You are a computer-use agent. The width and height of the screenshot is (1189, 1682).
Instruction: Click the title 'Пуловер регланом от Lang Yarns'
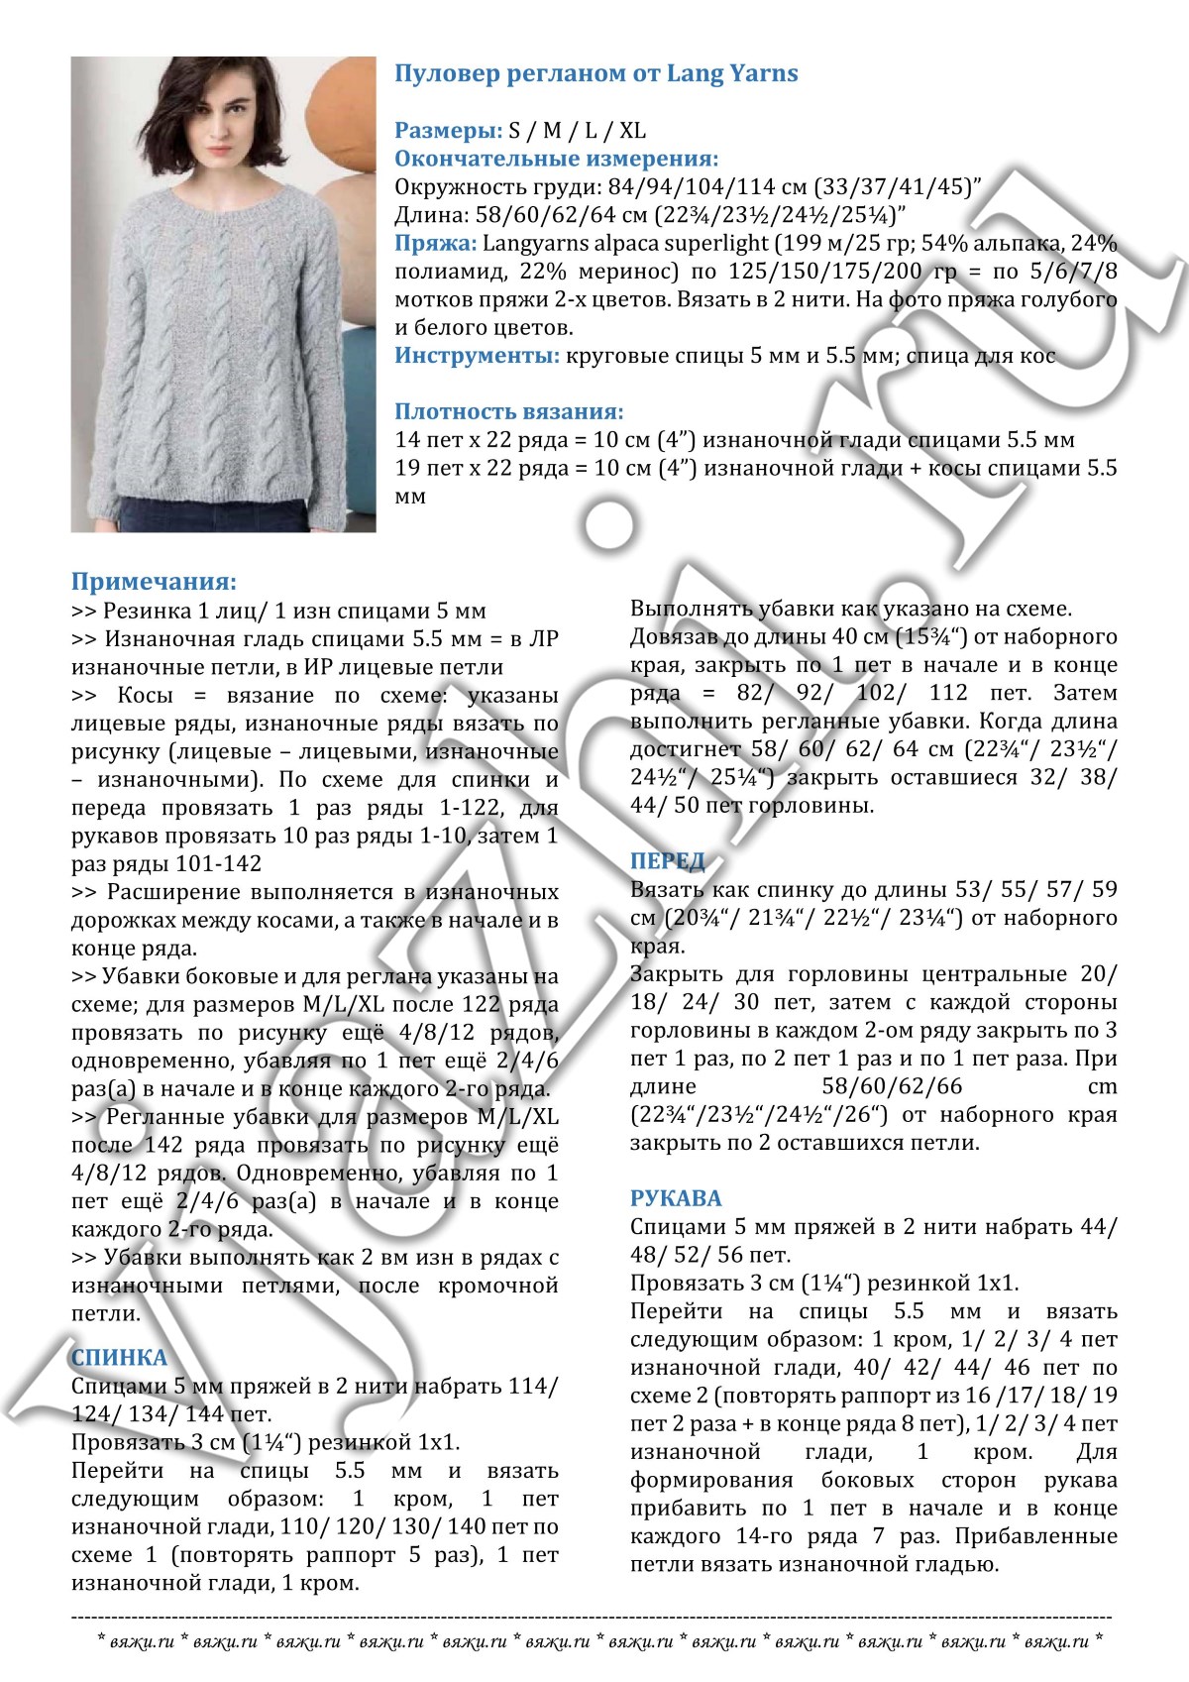coord(595,74)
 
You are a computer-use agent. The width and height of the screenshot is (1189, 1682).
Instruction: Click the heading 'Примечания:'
coord(154,582)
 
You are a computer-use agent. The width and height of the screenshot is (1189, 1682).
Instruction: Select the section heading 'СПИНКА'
coord(119,1357)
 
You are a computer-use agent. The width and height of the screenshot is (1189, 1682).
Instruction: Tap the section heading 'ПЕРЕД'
coord(667,860)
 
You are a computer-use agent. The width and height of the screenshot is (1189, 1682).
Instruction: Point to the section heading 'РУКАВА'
coord(676,1198)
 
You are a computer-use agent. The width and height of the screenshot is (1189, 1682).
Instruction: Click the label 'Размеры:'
coord(448,131)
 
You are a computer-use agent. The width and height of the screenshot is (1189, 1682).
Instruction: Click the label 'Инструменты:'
coord(477,356)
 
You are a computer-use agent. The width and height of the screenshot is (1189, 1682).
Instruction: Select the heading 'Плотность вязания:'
coord(509,411)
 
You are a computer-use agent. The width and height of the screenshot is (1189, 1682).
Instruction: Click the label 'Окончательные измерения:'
coord(556,159)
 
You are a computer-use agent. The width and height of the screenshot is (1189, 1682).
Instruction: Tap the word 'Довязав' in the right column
coord(675,637)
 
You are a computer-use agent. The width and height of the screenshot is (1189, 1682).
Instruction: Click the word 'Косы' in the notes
coord(145,695)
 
